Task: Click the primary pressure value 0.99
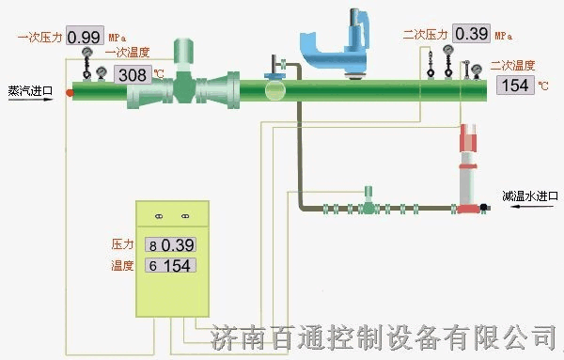pyautogui.click(x=85, y=38)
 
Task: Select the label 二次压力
pyautogui.click(x=426, y=35)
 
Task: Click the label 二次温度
pyautogui.click(x=513, y=67)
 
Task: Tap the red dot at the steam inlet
pyautogui.click(x=70, y=92)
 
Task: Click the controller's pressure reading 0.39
pyautogui.click(x=177, y=244)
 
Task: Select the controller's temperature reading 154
pyautogui.click(x=177, y=266)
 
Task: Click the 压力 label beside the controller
pyautogui.click(x=124, y=244)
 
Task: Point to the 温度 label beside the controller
pyautogui.click(x=124, y=266)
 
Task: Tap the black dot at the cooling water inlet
pyautogui.click(x=483, y=207)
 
